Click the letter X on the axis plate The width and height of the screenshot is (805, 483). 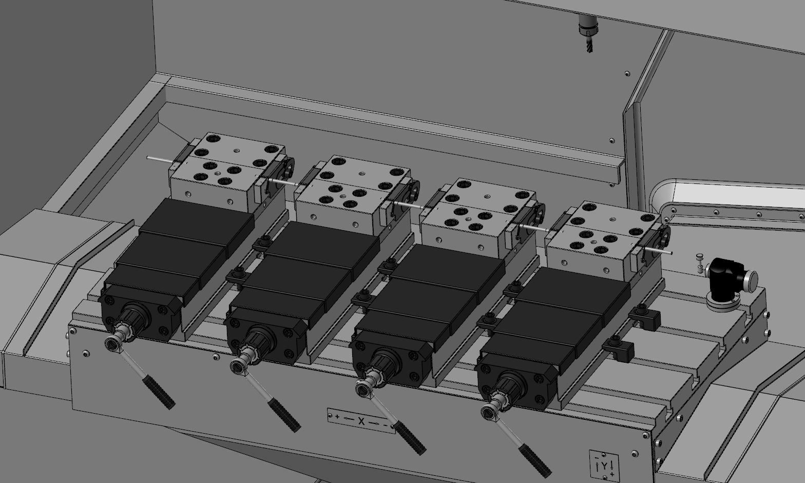pos(361,421)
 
